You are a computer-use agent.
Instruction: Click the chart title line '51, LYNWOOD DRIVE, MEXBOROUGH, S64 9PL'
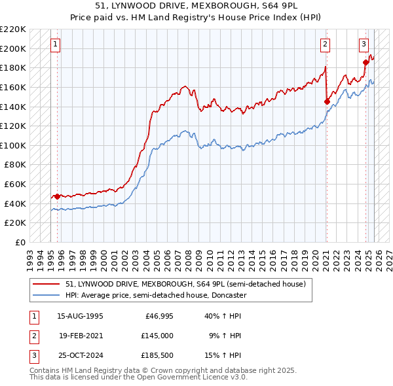point(196,6)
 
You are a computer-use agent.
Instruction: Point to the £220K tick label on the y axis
point(13,29)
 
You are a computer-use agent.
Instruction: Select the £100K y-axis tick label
point(13,145)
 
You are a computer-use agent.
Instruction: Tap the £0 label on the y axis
point(20,242)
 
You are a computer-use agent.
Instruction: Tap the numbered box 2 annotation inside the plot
point(325,44)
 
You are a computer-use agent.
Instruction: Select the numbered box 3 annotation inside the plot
point(364,44)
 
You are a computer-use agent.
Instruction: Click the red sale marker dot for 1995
point(58,196)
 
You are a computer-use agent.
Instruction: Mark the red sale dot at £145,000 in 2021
point(327,101)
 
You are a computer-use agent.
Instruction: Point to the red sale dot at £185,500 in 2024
point(365,62)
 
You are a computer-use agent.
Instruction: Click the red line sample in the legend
point(47,284)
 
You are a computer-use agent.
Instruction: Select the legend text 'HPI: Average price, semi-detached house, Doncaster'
point(156,295)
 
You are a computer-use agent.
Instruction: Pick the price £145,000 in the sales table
point(157,336)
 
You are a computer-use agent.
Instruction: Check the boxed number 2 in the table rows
point(33,336)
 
